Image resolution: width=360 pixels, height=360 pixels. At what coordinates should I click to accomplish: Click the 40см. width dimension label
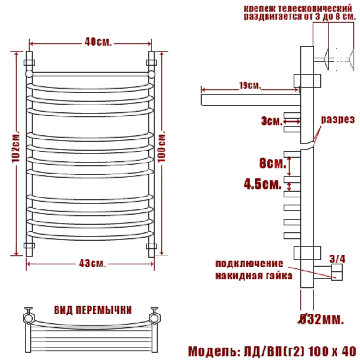[x=98, y=42]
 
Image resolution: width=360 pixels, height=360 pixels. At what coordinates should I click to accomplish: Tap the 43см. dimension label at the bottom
[x=93, y=263]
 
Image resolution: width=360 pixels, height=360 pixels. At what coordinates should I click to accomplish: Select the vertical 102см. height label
[x=15, y=147]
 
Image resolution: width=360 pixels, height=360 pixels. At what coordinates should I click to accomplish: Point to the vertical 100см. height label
[x=162, y=147]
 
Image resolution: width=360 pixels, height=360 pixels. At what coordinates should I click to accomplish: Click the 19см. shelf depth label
[x=250, y=85]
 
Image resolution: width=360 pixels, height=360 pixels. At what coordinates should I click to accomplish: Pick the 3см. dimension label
[x=272, y=121]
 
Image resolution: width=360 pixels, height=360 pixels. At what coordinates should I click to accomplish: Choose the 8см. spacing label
[x=273, y=163]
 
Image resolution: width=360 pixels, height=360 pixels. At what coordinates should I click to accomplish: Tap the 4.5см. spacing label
[x=263, y=184]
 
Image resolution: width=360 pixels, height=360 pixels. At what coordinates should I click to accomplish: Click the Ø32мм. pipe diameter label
[x=321, y=319]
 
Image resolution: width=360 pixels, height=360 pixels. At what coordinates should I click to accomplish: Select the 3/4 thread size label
[x=337, y=259]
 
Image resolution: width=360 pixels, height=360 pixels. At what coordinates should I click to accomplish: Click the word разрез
[x=338, y=120]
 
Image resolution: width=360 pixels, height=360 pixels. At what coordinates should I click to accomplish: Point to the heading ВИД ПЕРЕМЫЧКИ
[x=93, y=310]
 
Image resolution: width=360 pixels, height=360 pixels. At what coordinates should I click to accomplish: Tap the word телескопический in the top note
[x=315, y=9]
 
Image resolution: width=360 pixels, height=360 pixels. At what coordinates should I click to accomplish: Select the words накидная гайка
[x=254, y=276]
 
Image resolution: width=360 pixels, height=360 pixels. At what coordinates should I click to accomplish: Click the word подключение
[x=249, y=263]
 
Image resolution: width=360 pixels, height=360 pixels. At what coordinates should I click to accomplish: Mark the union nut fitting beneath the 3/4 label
[x=337, y=272]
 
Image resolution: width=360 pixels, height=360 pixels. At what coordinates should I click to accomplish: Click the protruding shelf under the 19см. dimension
[x=251, y=100]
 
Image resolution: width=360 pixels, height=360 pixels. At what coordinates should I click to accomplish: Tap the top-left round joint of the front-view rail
[x=29, y=74]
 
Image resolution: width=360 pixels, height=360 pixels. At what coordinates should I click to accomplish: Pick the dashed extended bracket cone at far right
[x=351, y=59]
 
